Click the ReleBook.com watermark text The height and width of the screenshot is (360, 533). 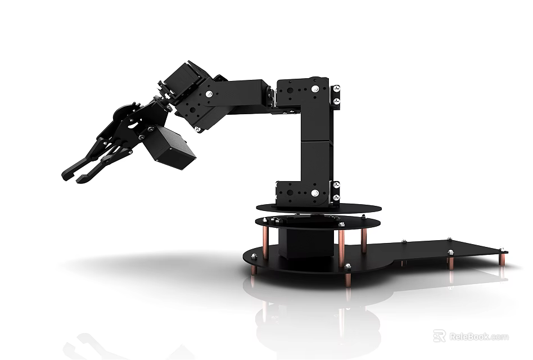point(478,337)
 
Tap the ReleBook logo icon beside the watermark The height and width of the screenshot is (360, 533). point(439,336)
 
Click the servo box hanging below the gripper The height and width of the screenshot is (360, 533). point(169,147)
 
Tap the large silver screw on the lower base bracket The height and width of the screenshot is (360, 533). point(315,193)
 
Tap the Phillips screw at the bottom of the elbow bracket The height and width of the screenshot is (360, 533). point(198,129)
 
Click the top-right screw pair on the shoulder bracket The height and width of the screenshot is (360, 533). point(336,94)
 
